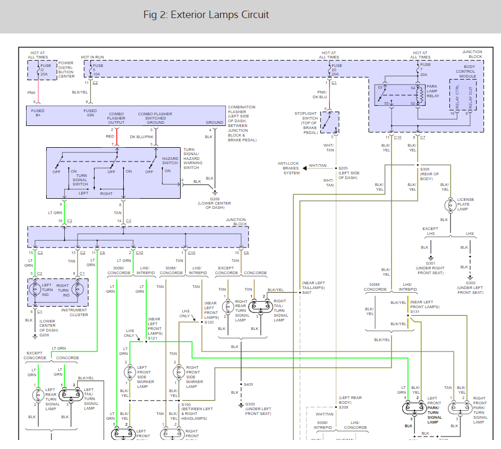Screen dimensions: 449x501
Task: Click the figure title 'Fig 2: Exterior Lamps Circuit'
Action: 206,15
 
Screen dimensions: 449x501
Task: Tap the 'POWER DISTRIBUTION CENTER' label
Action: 66,69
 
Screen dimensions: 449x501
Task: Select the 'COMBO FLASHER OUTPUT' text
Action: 116,118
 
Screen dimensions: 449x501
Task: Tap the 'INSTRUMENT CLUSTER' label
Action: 79,312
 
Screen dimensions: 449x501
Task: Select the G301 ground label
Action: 430,262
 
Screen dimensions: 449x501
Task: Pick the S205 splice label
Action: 346,168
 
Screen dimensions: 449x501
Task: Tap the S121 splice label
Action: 152,338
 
